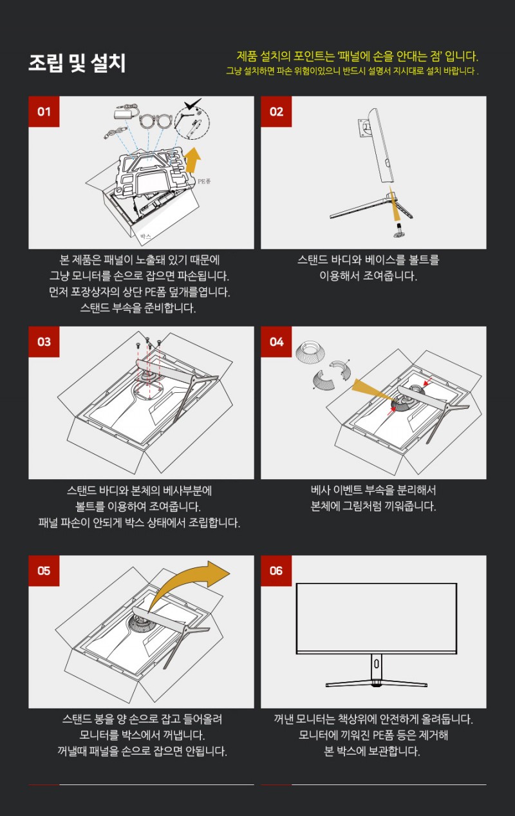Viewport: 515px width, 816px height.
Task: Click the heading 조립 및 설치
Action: pos(77,63)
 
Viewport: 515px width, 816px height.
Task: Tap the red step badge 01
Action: pos(44,111)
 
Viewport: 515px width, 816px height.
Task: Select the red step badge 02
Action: pos(276,111)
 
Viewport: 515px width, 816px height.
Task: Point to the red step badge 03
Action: pos(44,342)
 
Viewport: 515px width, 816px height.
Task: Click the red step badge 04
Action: pos(276,342)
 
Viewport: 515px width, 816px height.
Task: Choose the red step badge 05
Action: pos(44,571)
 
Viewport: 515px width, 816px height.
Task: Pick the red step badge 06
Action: pos(276,571)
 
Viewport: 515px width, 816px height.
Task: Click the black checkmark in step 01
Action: pos(192,104)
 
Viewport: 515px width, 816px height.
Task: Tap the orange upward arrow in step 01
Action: pos(192,160)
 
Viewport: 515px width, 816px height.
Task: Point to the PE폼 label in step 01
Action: pos(204,181)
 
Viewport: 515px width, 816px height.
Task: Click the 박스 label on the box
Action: pos(145,236)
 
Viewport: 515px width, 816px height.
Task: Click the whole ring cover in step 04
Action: pos(310,352)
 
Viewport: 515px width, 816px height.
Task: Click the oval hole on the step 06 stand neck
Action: pos(376,664)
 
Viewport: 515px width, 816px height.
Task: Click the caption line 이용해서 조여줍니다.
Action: pos(368,276)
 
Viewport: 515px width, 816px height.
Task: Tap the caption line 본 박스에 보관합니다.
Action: pos(372,751)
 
